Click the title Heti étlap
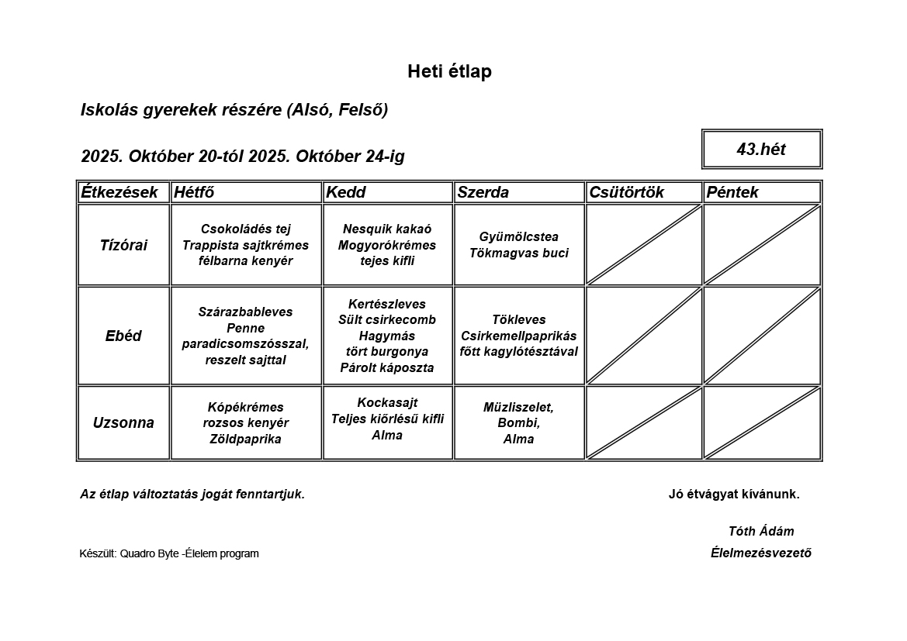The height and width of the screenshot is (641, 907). tap(449, 72)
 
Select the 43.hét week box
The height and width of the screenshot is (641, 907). tap(761, 150)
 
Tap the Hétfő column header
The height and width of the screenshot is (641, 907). tap(194, 192)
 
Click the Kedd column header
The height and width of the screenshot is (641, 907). tap(346, 192)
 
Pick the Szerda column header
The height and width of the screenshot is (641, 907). tap(483, 192)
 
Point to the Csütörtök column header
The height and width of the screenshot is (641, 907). tap(627, 192)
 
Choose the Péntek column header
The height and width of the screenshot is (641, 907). tap(732, 192)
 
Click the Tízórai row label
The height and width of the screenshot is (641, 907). tap(123, 245)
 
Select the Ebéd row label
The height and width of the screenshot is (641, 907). tap(123, 336)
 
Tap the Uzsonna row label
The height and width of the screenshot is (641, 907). tap(123, 423)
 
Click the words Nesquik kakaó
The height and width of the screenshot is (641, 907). tap(387, 229)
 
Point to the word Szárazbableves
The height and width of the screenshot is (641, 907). tap(245, 312)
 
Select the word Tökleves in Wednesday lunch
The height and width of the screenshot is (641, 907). tap(519, 319)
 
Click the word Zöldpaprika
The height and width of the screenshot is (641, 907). tap(245, 439)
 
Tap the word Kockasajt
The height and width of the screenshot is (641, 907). tap(387, 403)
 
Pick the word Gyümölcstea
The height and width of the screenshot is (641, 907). tap(519, 237)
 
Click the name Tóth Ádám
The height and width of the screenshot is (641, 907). tap(761, 532)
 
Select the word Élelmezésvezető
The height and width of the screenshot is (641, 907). tap(761, 553)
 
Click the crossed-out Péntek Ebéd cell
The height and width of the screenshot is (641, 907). tap(761, 336)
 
